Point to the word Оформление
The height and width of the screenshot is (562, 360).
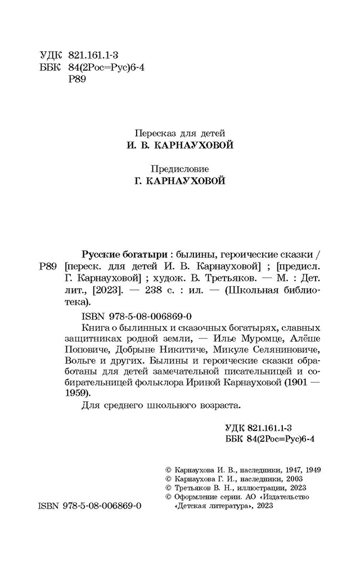193,497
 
